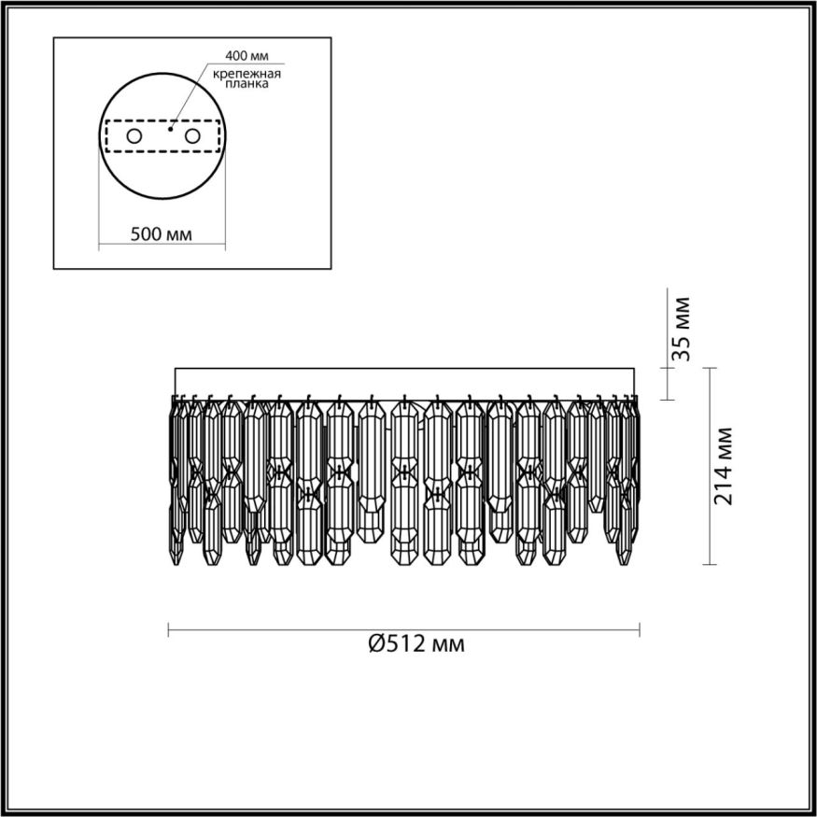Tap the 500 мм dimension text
[162, 234]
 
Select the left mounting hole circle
[134, 137]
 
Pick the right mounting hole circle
[193, 137]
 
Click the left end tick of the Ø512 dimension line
[168, 630]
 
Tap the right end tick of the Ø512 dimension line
[641, 630]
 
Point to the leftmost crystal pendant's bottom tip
[177, 564]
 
